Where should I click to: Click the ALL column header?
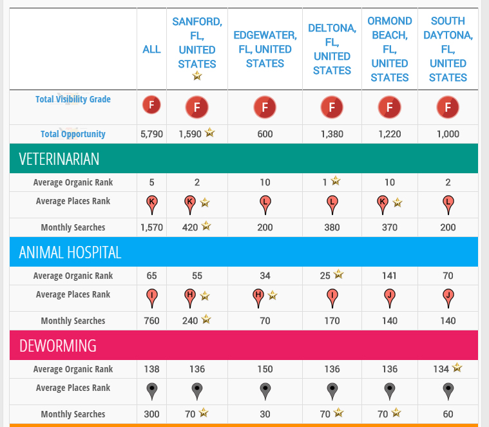[x=151, y=49]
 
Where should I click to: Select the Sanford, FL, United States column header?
[x=197, y=43]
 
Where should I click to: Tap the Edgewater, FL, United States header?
[x=265, y=49]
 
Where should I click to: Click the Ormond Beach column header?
[x=390, y=49]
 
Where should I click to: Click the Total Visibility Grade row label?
[x=73, y=99]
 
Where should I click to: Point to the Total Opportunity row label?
[x=73, y=134]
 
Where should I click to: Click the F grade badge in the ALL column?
[x=151, y=104]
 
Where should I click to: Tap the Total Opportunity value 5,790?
[x=151, y=134]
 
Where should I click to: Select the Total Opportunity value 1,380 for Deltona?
[x=332, y=134]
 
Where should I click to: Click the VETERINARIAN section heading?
[x=59, y=159]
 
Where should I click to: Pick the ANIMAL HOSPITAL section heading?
[x=70, y=252]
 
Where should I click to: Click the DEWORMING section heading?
[x=58, y=346]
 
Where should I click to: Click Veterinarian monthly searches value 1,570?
[x=151, y=227]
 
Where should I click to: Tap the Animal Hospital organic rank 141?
[x=390, y=276]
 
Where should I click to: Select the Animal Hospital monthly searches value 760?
[x=151, y=321]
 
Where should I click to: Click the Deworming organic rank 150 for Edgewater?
[x=265, y=369]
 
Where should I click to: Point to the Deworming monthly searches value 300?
[x=151, y=414]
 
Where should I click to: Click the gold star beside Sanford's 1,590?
[x=209, y=133]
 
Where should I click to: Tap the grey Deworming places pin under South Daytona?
[x=448, y=390]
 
